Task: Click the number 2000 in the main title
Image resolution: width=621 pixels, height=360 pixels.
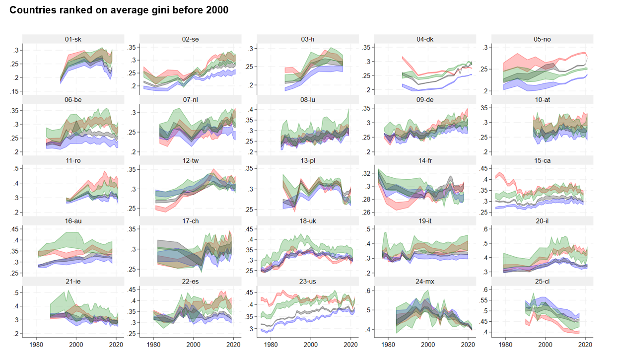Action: coord(216,10)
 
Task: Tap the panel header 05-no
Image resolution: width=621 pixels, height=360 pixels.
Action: coord(542,39)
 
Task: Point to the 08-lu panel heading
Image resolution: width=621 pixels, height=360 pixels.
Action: coord(308,100)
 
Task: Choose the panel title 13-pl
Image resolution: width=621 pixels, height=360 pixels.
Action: coord(308,160)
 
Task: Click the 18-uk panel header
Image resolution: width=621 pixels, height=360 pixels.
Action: coord(308,220)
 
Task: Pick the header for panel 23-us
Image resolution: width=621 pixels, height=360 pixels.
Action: coord(308,281)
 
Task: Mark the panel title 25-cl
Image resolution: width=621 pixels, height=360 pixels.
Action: coord(542,281)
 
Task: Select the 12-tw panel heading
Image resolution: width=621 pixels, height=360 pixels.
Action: coord(190,160)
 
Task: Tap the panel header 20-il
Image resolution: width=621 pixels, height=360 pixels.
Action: coord(542,220)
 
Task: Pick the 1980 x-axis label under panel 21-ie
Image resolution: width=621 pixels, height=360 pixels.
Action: coord(36,344)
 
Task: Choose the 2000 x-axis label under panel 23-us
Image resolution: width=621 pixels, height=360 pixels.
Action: coord(311,344)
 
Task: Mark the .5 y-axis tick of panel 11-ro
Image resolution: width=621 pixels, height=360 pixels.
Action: coord(17,169)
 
